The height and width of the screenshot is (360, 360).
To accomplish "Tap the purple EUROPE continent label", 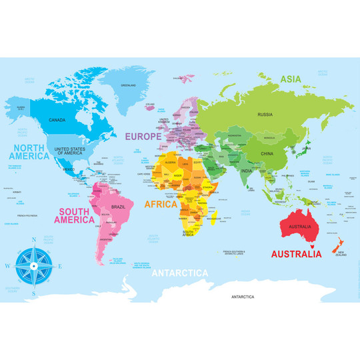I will click(x=144, y=136).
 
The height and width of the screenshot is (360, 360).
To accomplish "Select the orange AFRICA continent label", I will click(x=161, y=204).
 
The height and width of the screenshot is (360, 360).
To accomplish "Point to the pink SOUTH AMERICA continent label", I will click(x=75, y=214).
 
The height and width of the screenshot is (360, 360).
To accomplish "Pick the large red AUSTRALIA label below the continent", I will click(x=296, y=254).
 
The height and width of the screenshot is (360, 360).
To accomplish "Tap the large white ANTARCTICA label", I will click(x=179, y=273).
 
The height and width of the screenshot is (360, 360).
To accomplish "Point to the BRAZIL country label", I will click(x=118, y=207).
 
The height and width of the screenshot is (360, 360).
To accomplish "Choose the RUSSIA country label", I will click(x=265, y=115).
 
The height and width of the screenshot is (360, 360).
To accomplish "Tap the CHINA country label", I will click(x=267, y=154).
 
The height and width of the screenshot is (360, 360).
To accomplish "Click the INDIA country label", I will click(x=246, y=171).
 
